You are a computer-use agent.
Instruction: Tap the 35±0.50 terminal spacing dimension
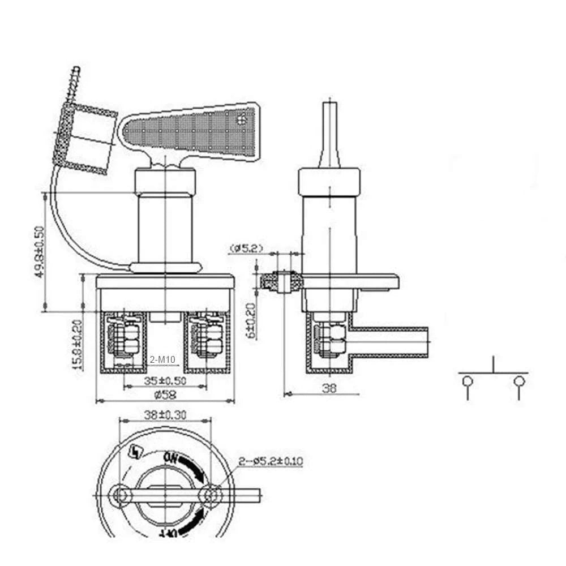click(165, 381)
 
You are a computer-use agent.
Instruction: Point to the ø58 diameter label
click(164, 395)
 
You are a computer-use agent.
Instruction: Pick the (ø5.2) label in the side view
click(246, 247)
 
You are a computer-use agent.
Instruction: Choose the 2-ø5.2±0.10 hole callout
click(271, 461)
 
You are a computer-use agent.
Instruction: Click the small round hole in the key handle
click(244, 118)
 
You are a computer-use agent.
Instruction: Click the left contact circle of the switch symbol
click(468, 381)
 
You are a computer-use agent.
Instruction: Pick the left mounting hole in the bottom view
click(119, 495)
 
